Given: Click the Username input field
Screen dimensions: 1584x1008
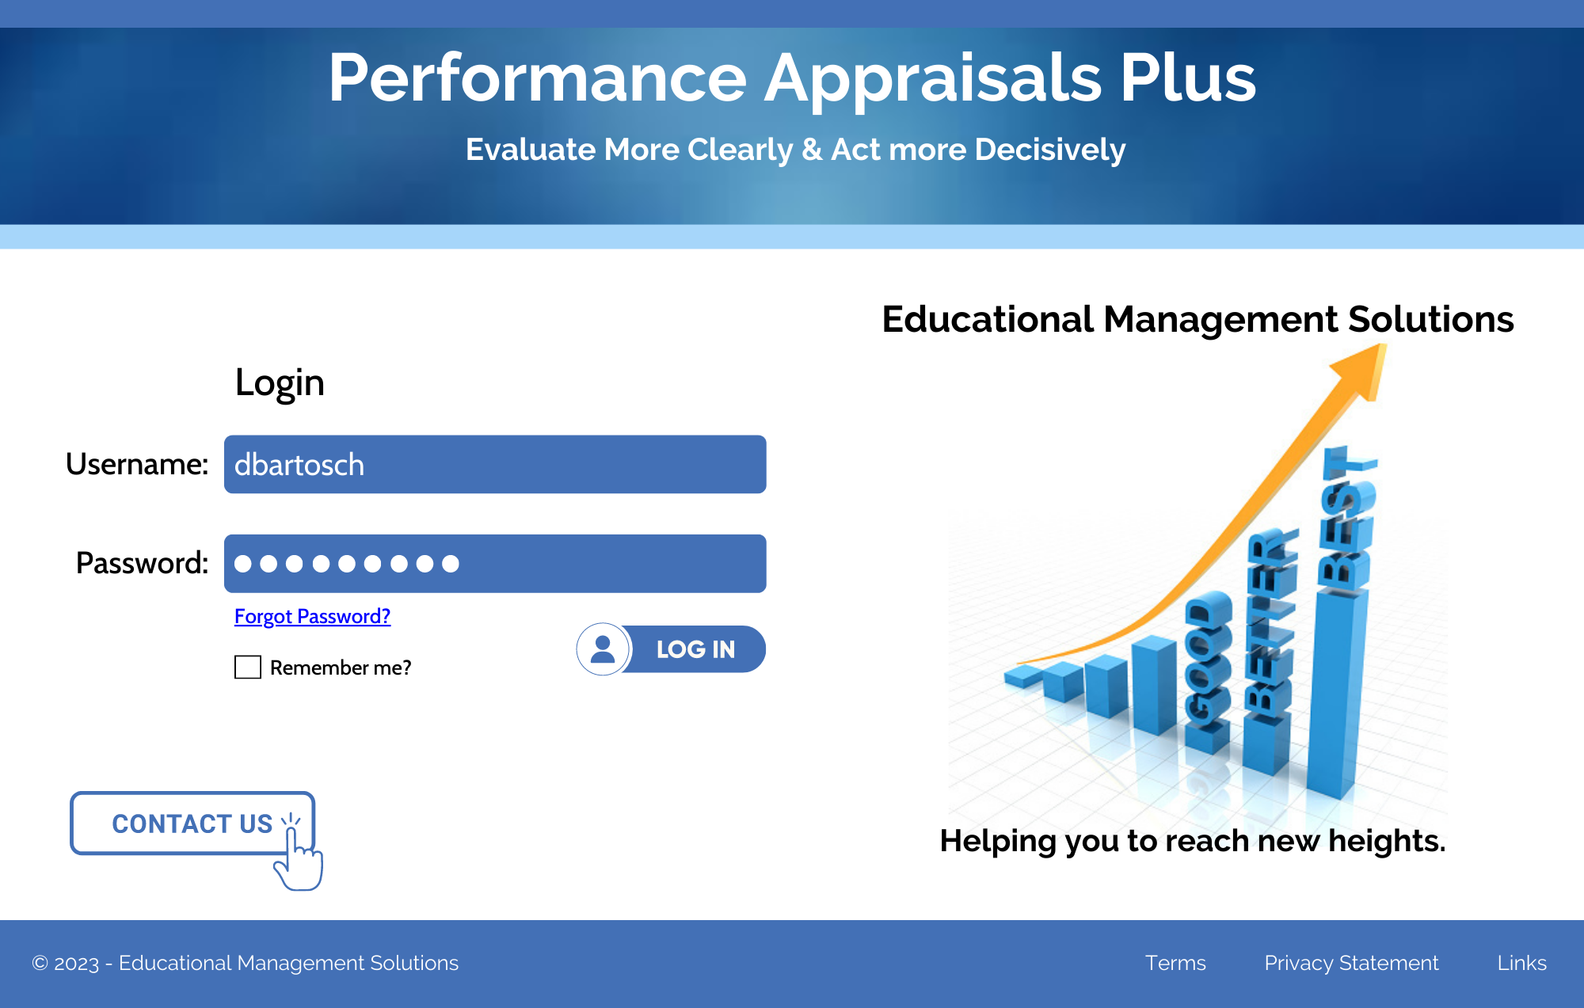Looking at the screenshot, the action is pos(495,464).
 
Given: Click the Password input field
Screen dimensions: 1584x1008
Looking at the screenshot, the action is pos(495,563).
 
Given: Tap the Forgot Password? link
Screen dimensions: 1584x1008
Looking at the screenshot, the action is pos(312,616).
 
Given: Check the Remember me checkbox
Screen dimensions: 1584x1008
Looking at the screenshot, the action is pos(248,667).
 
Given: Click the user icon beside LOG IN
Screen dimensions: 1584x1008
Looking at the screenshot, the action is pos(603,649).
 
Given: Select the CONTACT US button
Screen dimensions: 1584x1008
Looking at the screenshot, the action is pos(192,823).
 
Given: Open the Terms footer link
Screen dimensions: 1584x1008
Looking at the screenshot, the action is pos(1175,963).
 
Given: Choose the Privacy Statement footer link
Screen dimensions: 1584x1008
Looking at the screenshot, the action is pos(1351,963).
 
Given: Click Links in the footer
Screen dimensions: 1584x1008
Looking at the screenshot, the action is pos(1521,963).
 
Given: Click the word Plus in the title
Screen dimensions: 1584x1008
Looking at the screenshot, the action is pos(1187,78).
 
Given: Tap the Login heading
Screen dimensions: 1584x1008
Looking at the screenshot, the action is pos(280,383).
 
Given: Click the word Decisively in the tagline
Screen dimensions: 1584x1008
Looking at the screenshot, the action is pos(1049,150).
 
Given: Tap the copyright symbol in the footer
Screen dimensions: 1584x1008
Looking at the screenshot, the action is pos(40,964).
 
